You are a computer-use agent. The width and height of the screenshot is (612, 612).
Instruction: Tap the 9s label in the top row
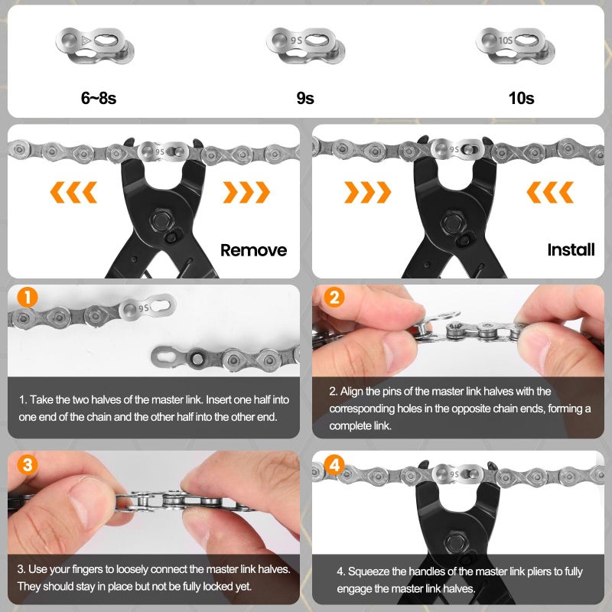(x=304, y=98)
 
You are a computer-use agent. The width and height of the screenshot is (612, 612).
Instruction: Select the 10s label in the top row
(x=520, y=98)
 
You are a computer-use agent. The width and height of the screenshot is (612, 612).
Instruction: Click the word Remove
(x=253, y=250)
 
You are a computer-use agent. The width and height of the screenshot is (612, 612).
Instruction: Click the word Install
(x=571, y=249)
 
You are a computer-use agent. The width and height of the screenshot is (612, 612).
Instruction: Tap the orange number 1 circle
(x=27, y=298)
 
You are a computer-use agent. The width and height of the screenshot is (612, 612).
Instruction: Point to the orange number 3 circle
(x=27, y=464)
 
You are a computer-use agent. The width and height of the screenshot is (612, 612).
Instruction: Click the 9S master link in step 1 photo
(x=147, y=308)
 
